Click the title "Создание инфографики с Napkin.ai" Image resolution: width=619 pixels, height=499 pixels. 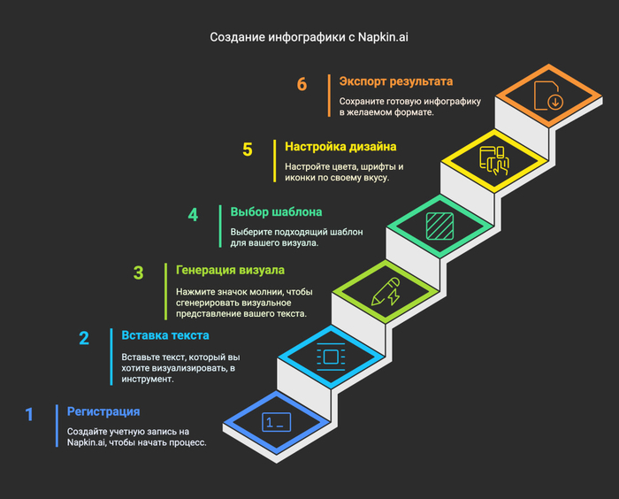click(309, 37)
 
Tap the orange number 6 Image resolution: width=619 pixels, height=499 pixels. click(302, 85)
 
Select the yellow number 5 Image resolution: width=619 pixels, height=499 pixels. click(248, 150)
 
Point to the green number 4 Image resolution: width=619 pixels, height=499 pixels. click(193, 215)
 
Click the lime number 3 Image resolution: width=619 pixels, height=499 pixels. click(138, 273)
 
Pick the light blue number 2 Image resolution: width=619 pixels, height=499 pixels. click(84, 338)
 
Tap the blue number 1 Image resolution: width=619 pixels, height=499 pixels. click(29, 414)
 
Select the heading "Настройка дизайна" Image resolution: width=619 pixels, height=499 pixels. click(340, 146)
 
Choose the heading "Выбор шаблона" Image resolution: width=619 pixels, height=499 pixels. click(276, 211)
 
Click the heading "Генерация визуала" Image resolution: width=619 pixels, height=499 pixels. click(230, 270)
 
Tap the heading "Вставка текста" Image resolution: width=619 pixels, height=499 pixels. click(165, 335)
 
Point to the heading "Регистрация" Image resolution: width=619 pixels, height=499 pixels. click(103, 411)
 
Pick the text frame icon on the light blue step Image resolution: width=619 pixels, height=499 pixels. click(331, 357)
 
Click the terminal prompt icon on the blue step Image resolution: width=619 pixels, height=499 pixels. click(275, 422)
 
